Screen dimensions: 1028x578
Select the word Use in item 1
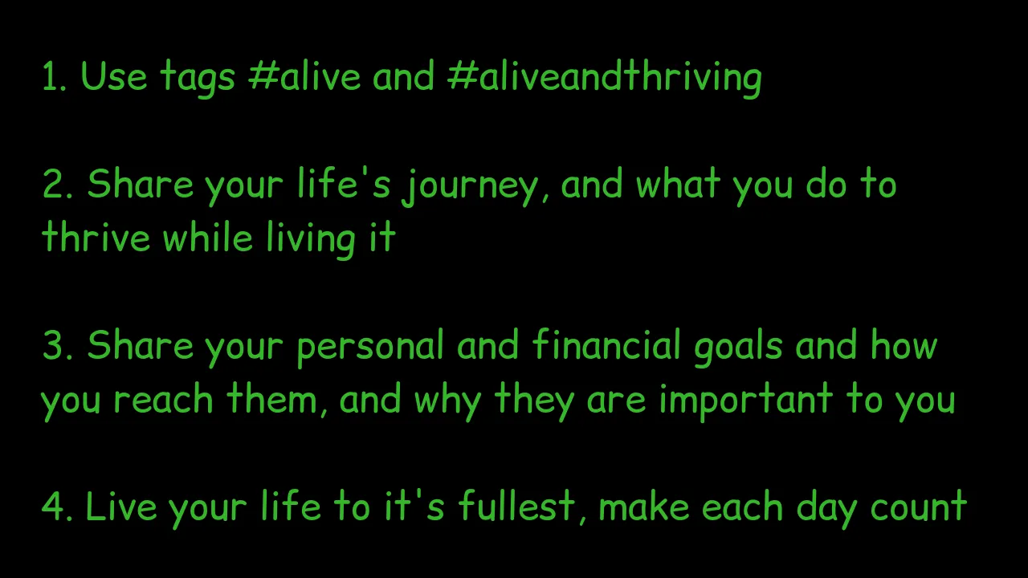pos(114,76)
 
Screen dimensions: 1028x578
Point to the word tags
pos(198,79)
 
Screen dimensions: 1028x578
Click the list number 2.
pos(57,185)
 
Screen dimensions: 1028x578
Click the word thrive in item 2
pos(96,237)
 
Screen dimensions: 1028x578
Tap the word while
pos(208,236)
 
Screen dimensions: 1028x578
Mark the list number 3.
pos(57,346)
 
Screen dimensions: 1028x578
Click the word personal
pos(370,348)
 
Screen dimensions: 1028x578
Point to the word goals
pos(738,348)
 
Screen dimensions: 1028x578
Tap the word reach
pos(163,398)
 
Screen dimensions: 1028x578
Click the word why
pos(448,401)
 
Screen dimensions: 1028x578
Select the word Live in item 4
pos(121,507)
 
